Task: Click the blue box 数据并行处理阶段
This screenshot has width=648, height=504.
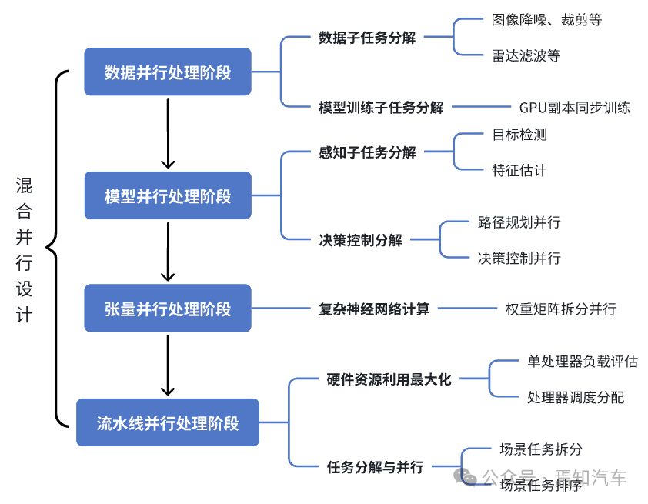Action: point(168,72)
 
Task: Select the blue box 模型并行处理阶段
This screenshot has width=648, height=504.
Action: point(168,196)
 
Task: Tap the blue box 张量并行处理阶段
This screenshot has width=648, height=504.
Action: point(168,309)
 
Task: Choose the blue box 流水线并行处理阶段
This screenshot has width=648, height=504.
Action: point(168,422)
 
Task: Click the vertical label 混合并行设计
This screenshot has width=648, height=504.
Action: point(25,250)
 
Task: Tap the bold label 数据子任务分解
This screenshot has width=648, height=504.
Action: point(367,37)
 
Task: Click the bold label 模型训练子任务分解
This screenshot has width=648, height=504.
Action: point(381,108)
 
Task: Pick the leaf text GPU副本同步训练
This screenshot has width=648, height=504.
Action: point(574,108)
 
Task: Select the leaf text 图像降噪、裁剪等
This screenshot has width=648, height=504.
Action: point(546,20)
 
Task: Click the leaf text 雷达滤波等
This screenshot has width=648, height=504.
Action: point(526,55)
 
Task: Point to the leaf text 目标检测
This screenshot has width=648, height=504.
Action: point(519,135)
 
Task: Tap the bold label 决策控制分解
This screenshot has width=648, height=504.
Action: point(360,240)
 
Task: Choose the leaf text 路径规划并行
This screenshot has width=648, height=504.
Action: point(519,222)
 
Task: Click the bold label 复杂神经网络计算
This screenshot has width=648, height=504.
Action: point(374,309)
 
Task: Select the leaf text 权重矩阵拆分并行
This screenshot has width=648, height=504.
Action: point(560,309)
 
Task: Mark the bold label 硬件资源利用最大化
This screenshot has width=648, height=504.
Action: point(389,379)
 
